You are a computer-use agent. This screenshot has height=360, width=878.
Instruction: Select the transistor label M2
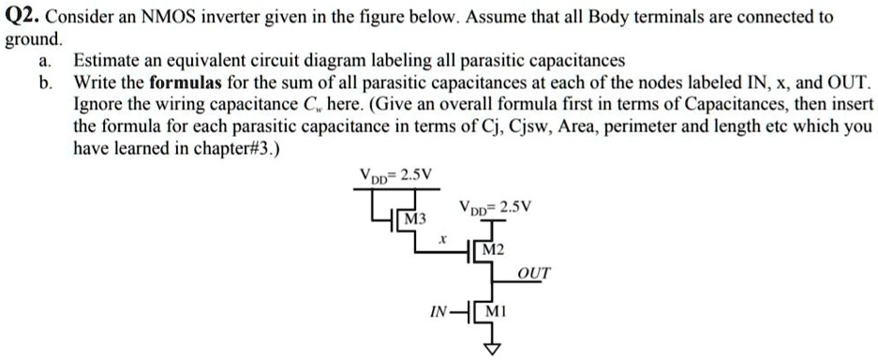(494, 251)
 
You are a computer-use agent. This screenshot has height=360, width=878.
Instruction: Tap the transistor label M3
(413, 218)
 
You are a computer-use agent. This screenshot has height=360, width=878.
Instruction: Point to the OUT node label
(534, 273)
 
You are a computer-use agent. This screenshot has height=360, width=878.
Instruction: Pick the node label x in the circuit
(441, 241)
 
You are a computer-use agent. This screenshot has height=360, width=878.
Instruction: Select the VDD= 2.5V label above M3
(392, 174)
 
